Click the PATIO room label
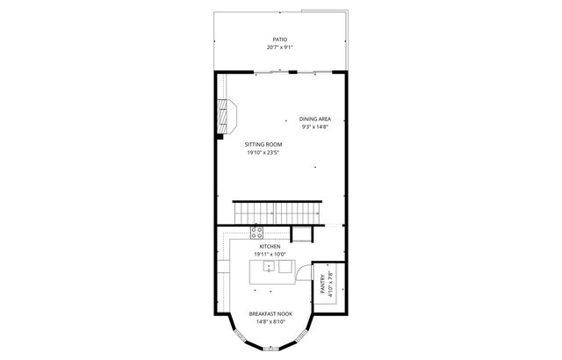click(280, 40)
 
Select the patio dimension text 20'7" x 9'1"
click(280, 47)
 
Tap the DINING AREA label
click(313, 119)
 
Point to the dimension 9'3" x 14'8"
click(313, 126)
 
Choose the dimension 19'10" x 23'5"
click(263, 152)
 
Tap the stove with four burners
click(256, 233)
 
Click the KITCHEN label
click(269, 247)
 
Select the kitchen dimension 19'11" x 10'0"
click(269, 255)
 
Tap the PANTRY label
click(322, 283)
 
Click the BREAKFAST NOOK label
click(268, 313)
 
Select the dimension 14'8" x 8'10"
click(268, 321)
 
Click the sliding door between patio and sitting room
click(270, 73)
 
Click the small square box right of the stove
click(301, 233)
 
